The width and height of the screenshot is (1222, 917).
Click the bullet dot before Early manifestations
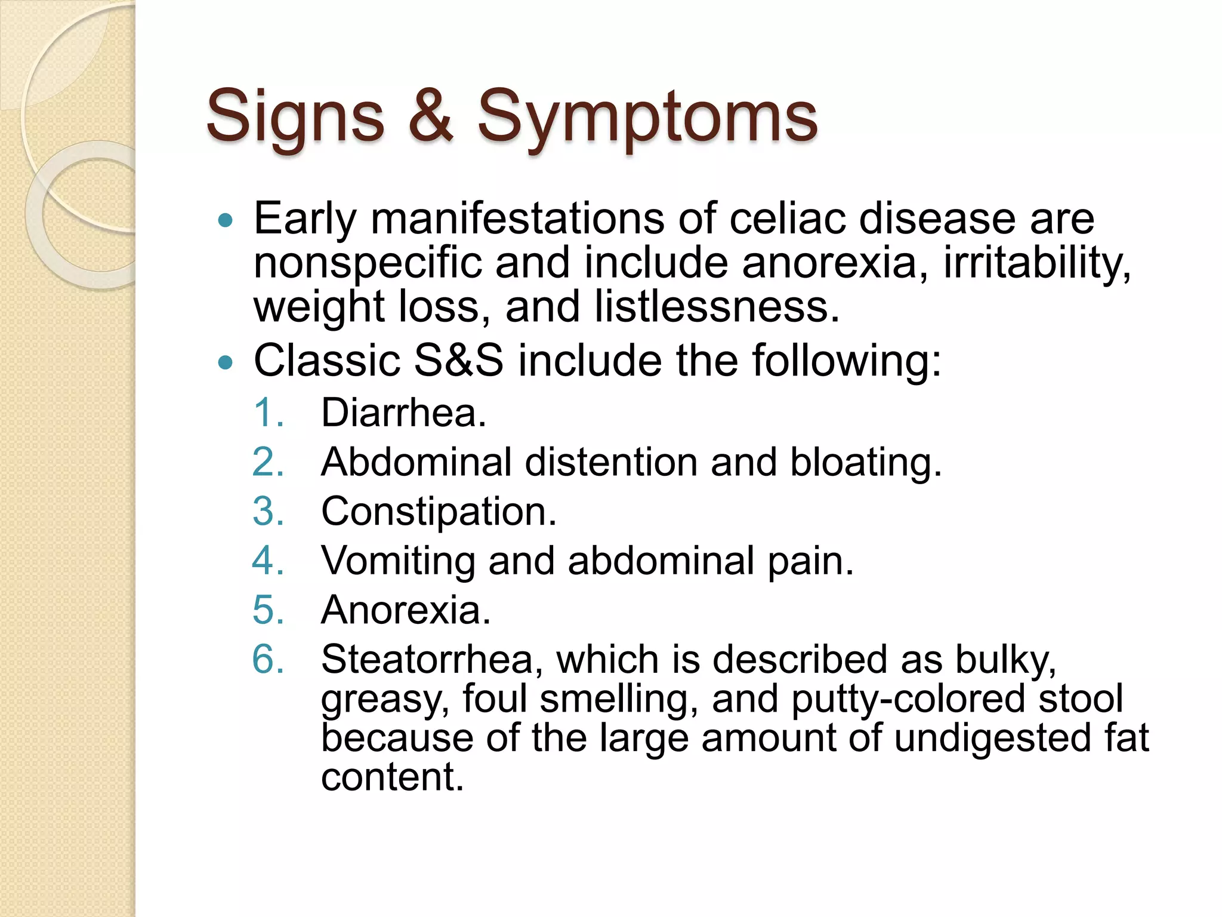[226, 221]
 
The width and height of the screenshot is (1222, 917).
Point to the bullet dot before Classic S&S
[226, 362]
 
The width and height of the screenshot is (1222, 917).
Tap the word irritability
[1036, 263]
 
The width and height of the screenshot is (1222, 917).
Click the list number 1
[268, 413]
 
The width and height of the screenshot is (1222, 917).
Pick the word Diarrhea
[403, 413]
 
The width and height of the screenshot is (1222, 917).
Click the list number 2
[268, 462]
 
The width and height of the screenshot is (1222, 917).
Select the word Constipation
[439, 512]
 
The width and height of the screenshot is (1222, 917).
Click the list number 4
[268, 561]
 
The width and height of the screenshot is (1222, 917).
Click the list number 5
[268, 610]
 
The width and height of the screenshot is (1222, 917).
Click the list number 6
[268, 660]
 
